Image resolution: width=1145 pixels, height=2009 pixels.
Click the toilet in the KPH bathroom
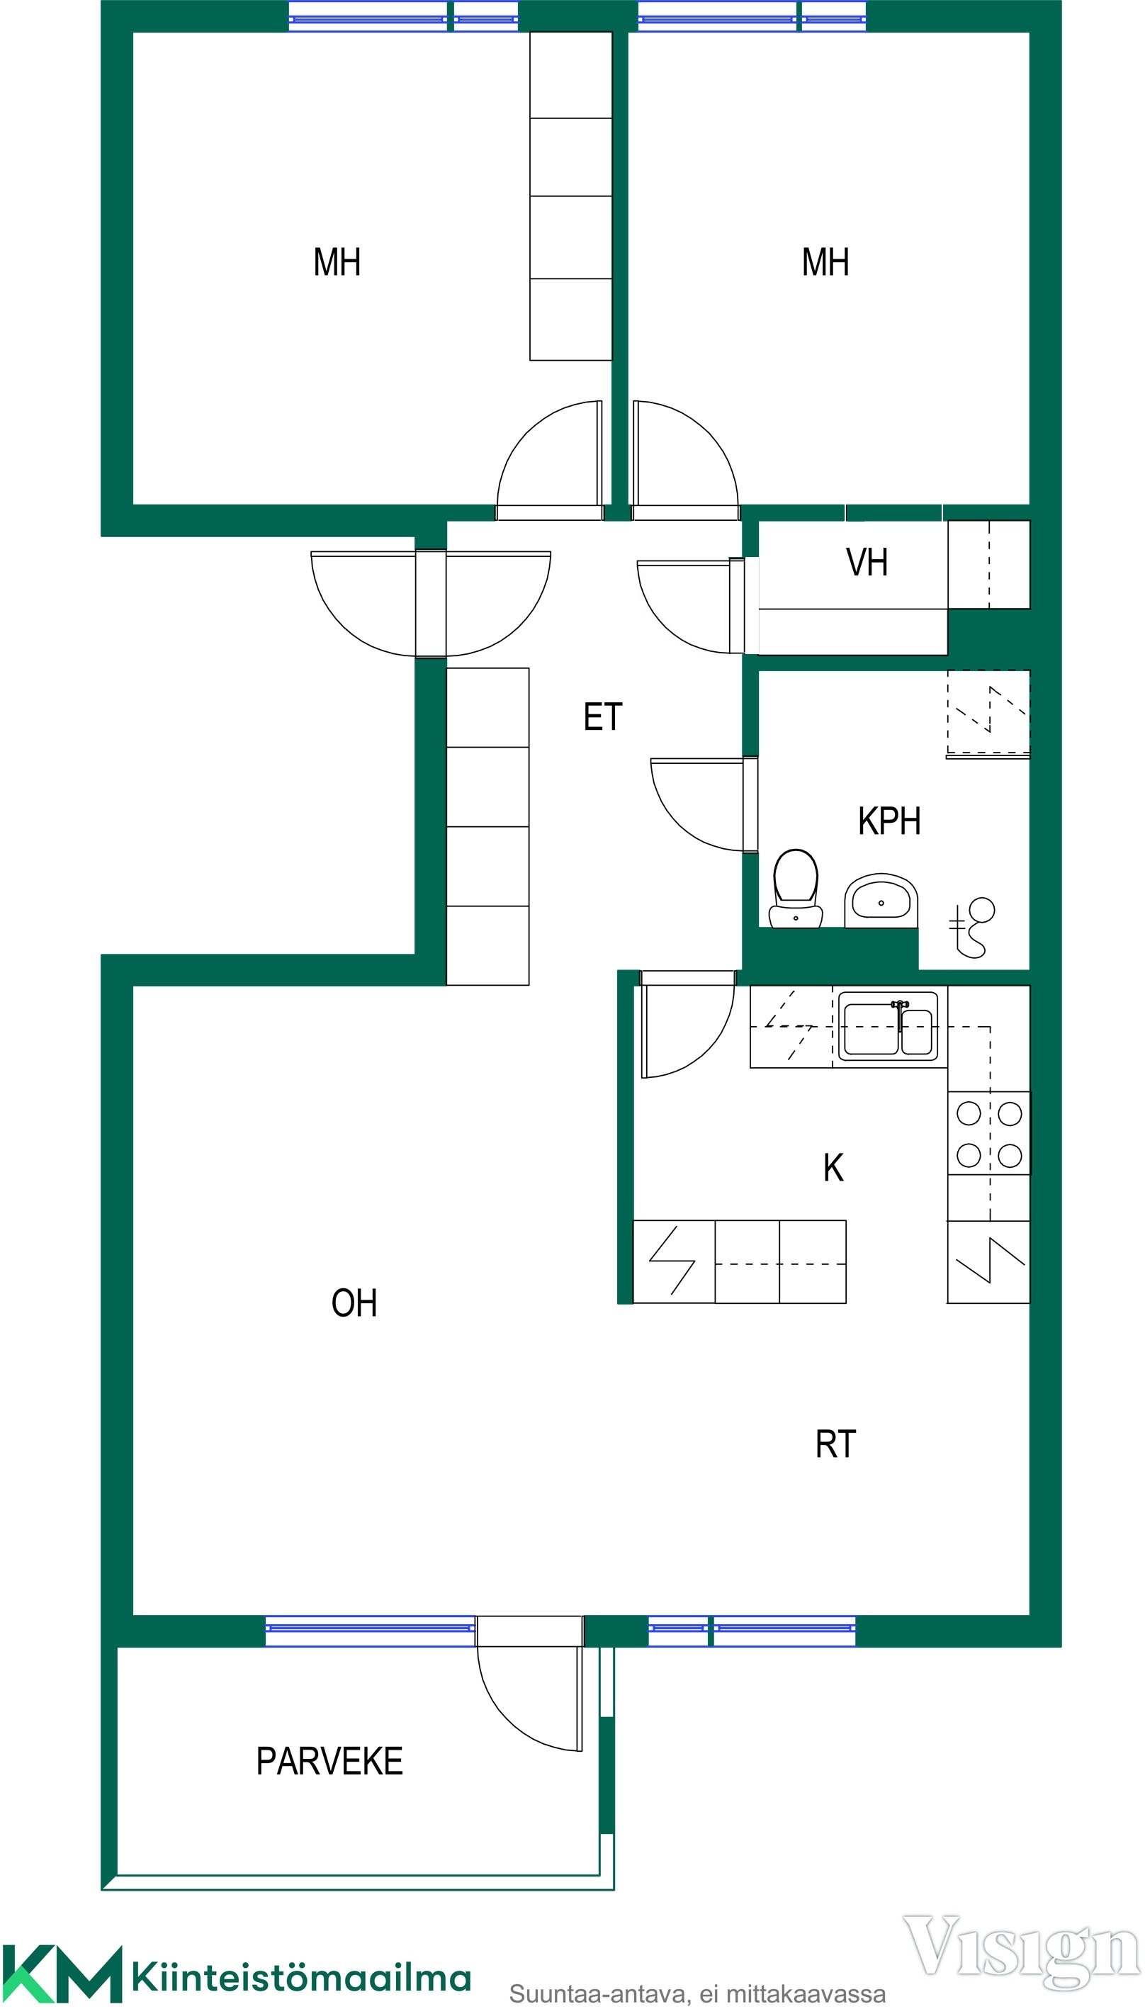[x=796, y=889]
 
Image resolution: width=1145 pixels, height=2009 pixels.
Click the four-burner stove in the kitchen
[x=988, y=1134]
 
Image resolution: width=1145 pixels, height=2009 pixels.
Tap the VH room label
[x=867, y=563]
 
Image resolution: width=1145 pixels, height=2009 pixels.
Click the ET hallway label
[x=603, y=717]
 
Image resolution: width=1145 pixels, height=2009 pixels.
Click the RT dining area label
[x=835, y=1444]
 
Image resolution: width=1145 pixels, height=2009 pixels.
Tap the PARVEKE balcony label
[x=329, y=1761]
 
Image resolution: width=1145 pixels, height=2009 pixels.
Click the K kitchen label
[x=833, y=1168]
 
